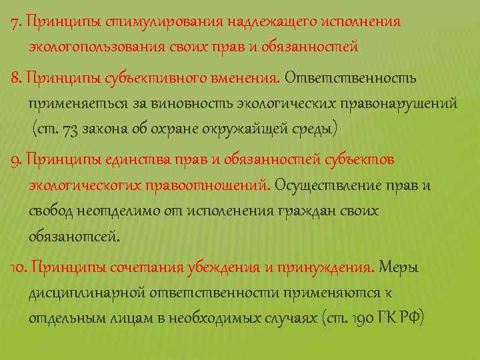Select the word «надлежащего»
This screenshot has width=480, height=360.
pos(257,21)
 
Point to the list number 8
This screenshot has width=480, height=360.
pos(15,79)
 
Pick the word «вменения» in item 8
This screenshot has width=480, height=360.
pos(245,79)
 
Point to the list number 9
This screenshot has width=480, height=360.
pos(15,160)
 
